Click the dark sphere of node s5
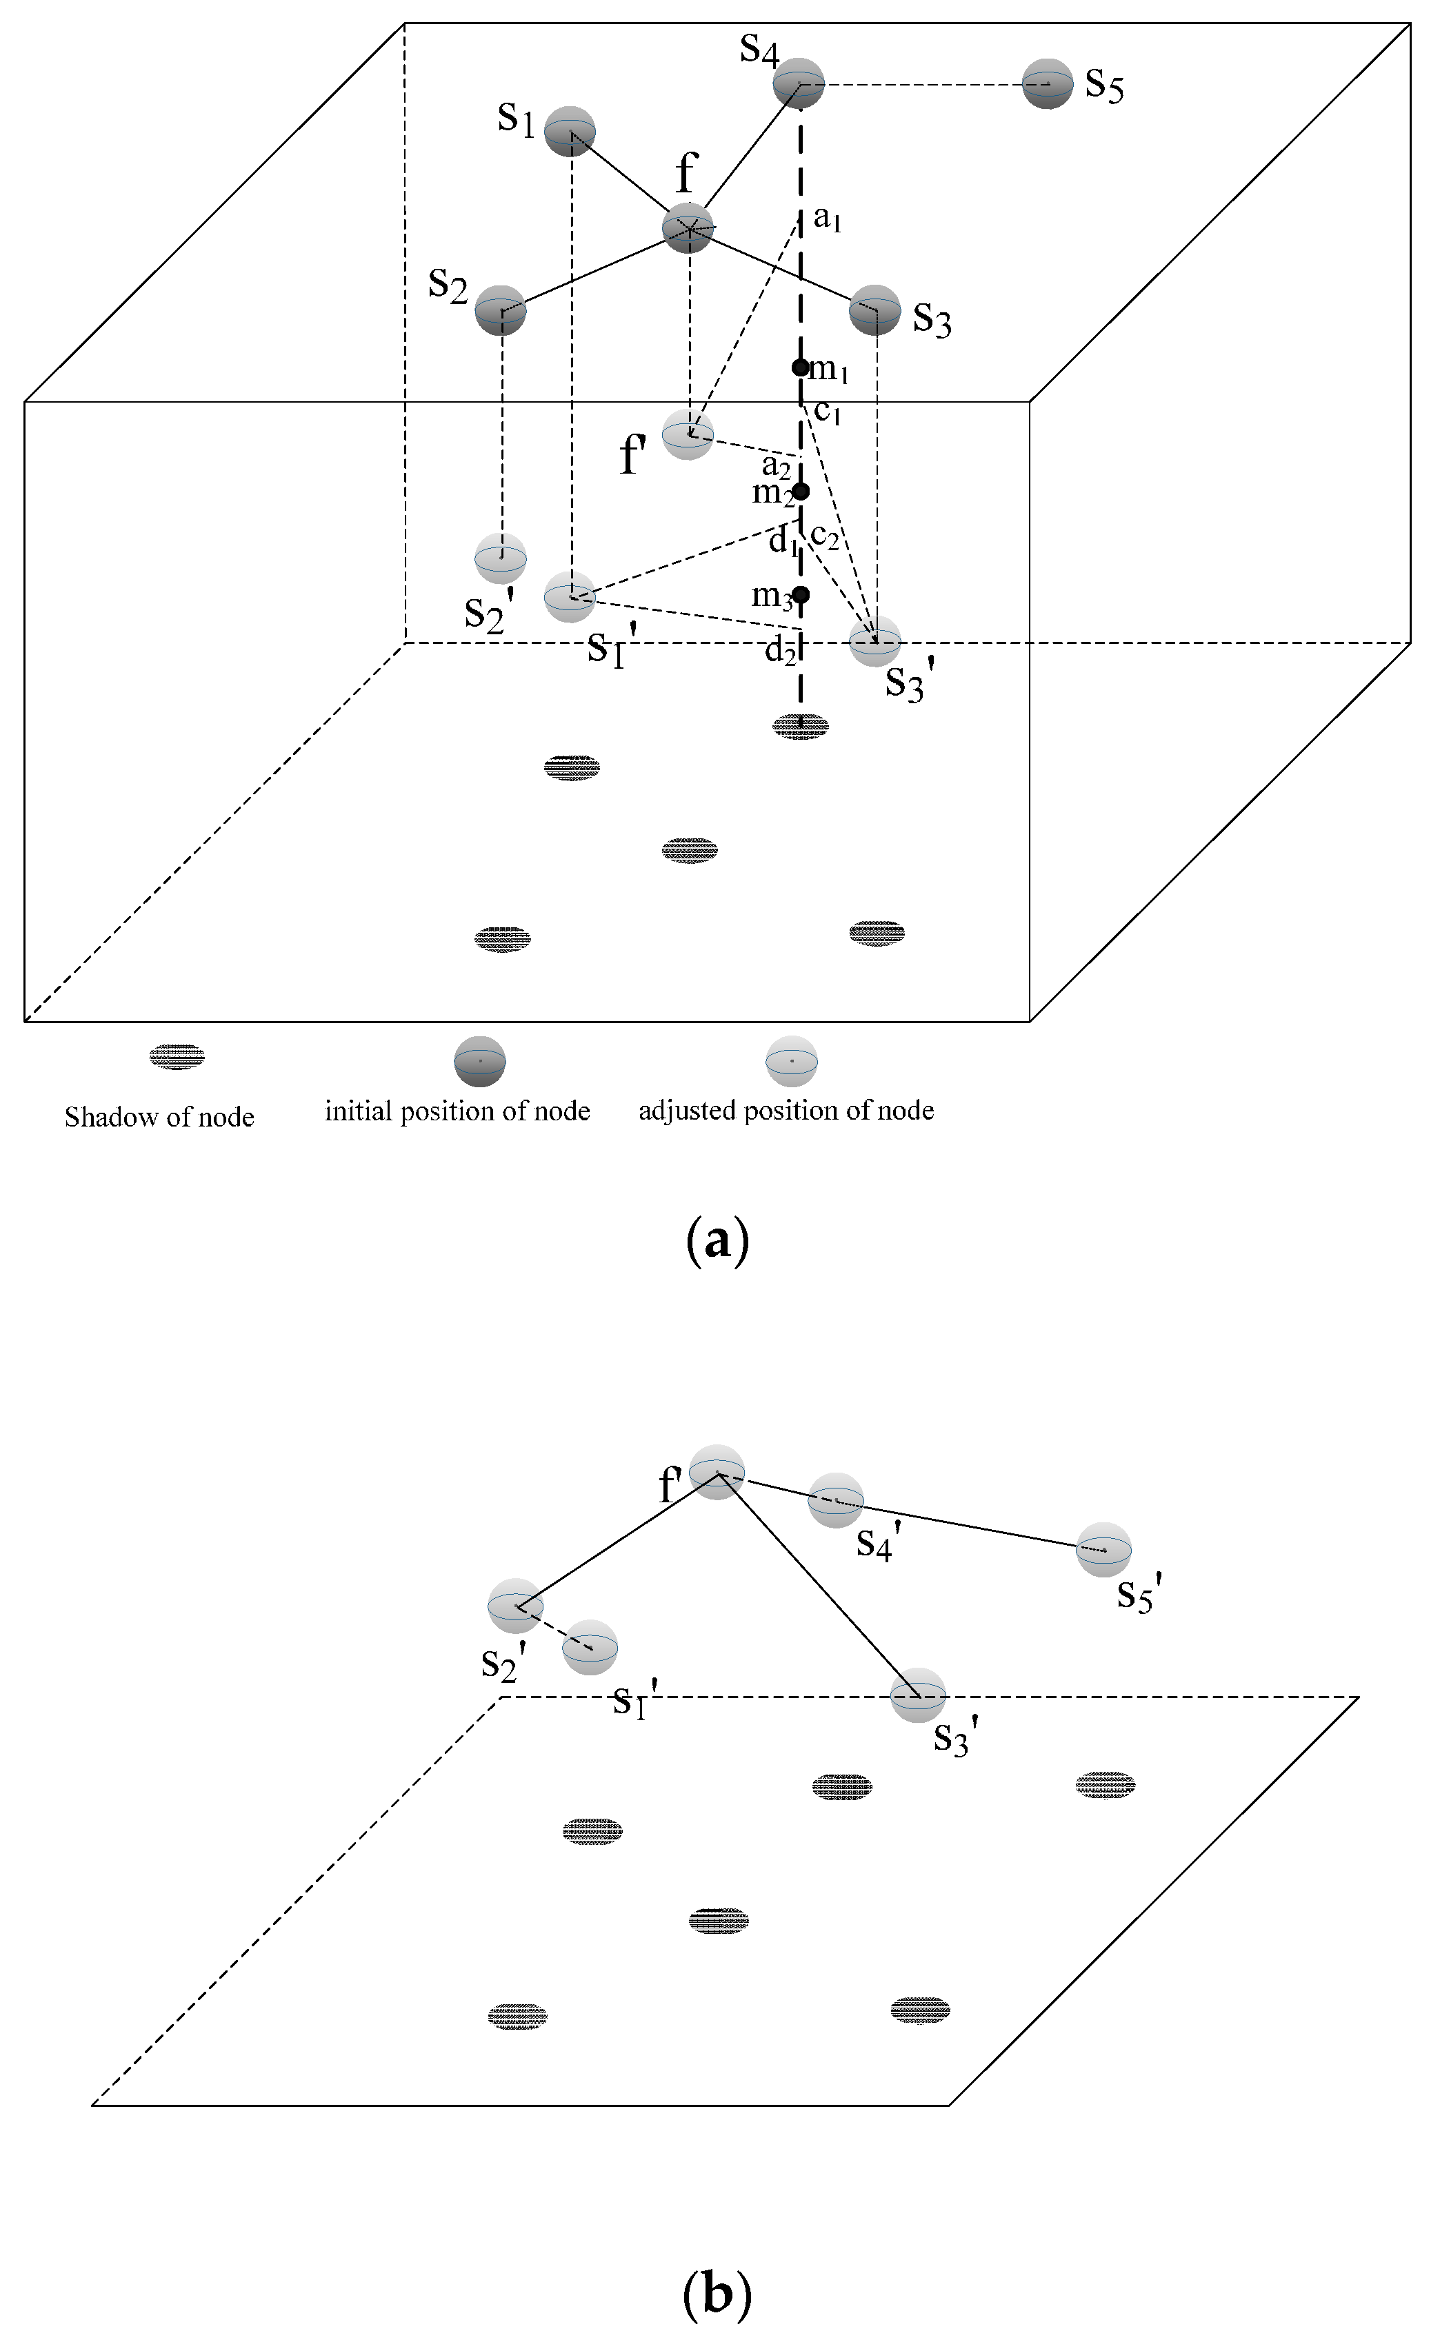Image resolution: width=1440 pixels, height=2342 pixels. (x=1048, y=85)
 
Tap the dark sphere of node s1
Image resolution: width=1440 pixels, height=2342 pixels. (x=570, y=132)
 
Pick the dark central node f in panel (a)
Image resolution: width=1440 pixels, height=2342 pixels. (x=688, y=228)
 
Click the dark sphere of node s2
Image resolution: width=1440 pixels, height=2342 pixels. (x=501, y=310)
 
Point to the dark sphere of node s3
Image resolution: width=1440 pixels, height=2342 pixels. (x=874, y=310)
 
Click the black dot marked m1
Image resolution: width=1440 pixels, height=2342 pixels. (x=800, y=367)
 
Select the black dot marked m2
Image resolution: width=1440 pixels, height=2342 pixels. (x=800, y=492)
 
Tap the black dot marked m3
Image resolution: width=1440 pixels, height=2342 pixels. (x=800, y=595)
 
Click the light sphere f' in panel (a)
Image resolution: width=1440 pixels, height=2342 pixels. (x=688, y=435)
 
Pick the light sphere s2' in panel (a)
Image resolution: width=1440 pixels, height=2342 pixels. (x=501, y=558)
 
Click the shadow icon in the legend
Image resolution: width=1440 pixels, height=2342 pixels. (x=177, y=1057)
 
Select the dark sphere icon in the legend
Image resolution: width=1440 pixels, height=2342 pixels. (x=479, y=1060)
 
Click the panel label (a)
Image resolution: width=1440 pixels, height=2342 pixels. (x=717, y=1242)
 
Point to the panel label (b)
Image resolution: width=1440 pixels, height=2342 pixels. (x=717, y=2294)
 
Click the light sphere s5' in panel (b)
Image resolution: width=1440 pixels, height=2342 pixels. (x=1104, y=1550)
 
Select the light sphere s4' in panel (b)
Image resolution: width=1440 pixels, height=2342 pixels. (x=835, y=1500)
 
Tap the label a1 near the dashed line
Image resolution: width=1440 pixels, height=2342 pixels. (x=827, y=220)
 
